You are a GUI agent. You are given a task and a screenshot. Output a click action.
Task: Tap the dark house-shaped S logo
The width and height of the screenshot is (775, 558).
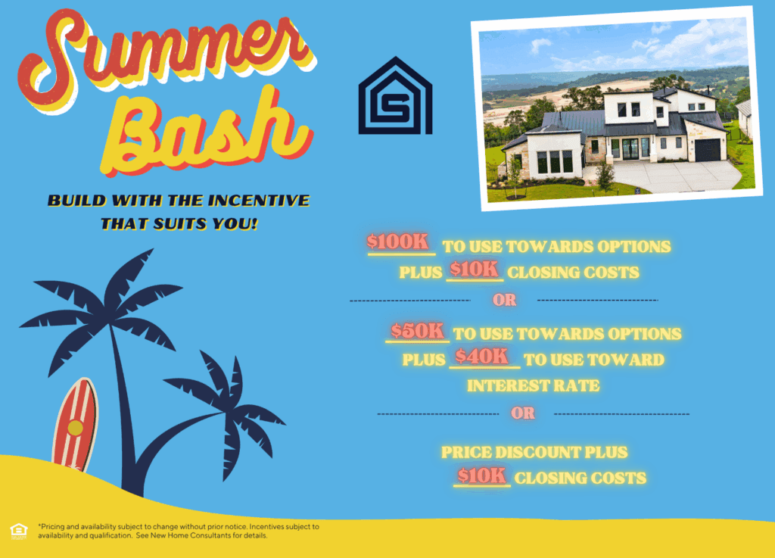click(395, 96)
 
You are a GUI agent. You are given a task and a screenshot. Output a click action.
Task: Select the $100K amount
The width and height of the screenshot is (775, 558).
click(398, 242)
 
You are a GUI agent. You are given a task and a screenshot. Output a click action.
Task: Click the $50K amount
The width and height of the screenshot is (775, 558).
click(418, 331)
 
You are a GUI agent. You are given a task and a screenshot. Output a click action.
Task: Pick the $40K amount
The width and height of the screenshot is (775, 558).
click(482, 357)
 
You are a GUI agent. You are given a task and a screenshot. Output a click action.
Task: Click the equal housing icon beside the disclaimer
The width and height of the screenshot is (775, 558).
click(19, 532)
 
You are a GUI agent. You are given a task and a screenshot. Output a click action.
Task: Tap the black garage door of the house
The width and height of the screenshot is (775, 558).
click(708, 150)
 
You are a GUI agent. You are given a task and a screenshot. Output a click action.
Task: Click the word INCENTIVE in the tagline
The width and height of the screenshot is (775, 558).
click(258, 200)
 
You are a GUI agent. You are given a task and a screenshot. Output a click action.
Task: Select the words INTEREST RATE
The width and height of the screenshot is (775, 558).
click(534, 385)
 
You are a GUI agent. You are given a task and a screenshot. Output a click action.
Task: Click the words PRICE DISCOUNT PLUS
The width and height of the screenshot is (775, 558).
click(534, 452)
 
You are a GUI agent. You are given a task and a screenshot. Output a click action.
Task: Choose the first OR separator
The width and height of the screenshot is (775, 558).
click(505, 300)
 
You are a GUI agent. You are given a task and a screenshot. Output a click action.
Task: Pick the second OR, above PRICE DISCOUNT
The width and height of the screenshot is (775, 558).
click(523, 413)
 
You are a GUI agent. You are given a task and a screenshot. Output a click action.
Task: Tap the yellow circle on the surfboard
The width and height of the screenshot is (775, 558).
click(75, 428)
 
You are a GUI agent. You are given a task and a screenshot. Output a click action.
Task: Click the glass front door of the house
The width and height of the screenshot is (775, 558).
click(630, 148)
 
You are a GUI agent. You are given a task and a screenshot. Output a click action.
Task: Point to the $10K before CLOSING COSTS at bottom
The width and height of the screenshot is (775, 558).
click(481, 475)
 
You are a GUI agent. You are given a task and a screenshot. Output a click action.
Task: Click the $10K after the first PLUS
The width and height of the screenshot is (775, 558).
click(474, 269)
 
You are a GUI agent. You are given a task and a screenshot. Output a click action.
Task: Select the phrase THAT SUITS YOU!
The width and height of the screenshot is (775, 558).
click(179, 224)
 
